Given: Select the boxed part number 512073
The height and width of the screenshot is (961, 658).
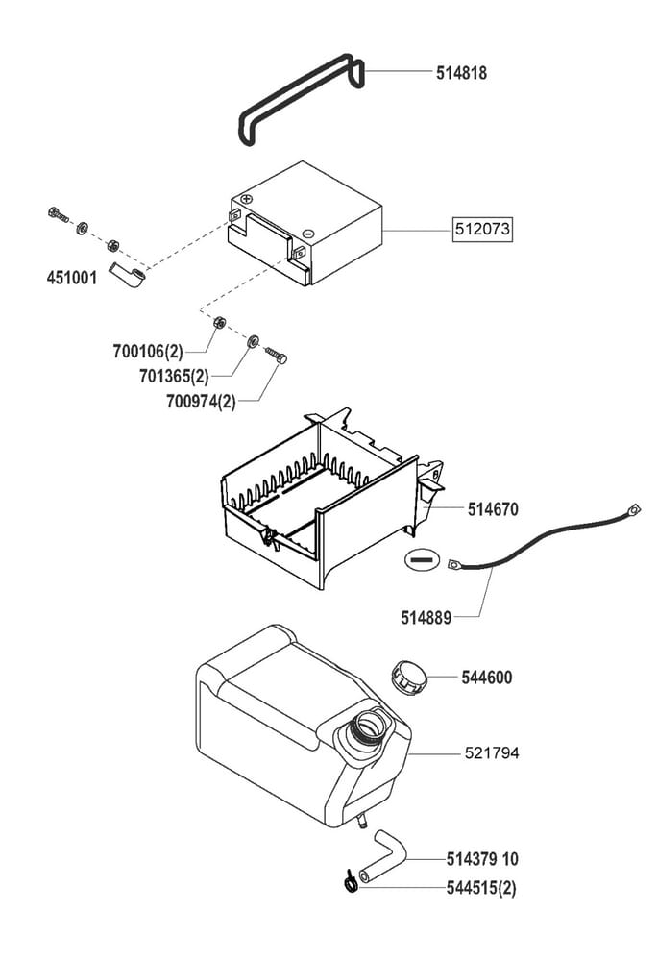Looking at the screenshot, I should click(483, 231).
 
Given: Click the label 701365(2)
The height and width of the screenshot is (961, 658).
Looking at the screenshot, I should click(172, 377).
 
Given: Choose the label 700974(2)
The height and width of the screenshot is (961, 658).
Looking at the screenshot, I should click(200, 402).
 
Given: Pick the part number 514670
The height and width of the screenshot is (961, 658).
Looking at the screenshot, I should click(493, 509).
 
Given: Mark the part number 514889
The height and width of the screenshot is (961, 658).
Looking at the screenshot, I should click(426, 616).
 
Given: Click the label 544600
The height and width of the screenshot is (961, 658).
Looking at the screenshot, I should click(486, 678).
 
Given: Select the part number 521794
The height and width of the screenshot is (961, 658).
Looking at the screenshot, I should click(493, 752).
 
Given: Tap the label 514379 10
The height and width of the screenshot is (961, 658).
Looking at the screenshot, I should click(482, 858).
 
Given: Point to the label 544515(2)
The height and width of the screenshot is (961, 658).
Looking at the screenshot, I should click(480, 888).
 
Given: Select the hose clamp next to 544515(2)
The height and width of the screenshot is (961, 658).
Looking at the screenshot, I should click(352, 880).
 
